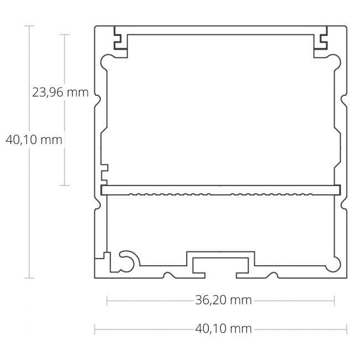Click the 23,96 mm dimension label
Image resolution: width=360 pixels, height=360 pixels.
pos(60,92)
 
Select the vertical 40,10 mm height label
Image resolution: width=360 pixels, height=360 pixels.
pos(33,140)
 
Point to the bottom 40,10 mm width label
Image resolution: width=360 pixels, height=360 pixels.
pos(223,329)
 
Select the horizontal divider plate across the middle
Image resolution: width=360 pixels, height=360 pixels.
pos(220,190)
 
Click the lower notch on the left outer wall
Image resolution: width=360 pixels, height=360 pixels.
pos(97,204)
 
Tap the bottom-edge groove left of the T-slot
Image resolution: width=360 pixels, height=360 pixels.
pos(168,275)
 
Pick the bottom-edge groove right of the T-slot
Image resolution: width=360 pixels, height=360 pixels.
pos(271,275)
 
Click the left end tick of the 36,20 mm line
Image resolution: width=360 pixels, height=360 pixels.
pos(107,301)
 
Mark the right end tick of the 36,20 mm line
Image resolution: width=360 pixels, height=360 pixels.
pos(334,301)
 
